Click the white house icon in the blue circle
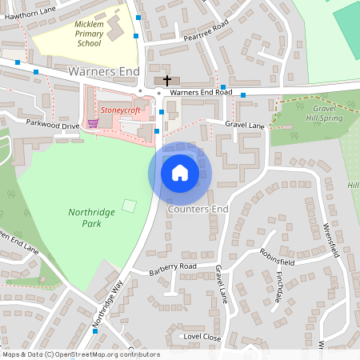coord(180,172)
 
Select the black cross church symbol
coord(167,80)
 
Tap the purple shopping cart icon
coord(93,123)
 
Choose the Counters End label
coord(198,210)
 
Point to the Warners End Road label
coord(201,93)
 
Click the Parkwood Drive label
coord(53,126)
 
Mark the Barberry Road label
coord(172,266)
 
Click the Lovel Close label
coord(202,337)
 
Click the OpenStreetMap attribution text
coord(80,354)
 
